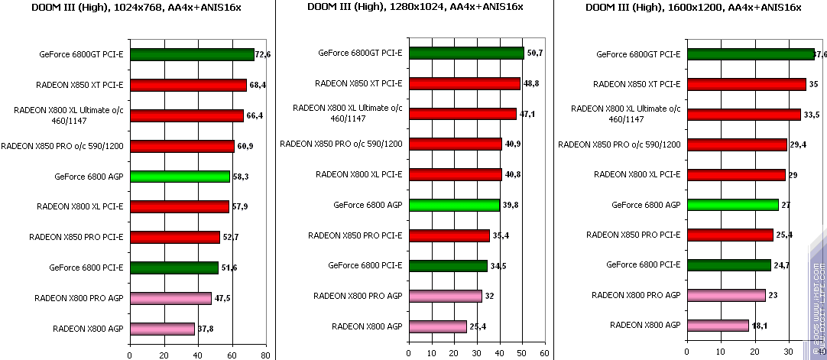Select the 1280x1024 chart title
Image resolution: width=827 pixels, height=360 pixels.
(x=415, y=8)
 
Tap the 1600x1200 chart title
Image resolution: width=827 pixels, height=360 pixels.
(x=693, y=8)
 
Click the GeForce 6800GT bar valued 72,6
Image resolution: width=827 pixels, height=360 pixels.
(x=191, y=54)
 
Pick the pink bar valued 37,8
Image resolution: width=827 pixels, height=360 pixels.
(x=162, y=329)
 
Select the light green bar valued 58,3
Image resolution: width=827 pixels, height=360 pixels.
(x=180, y=177)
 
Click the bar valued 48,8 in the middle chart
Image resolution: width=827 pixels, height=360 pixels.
(x=464, y=83)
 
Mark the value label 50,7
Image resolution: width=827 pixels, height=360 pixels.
(x=535, y=53)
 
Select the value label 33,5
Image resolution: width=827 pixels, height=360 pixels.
(x=812, y=115)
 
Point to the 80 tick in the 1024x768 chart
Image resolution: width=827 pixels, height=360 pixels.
(x=264, y=355)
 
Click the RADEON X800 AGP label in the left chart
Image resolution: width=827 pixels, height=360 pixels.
(x=88, y=329)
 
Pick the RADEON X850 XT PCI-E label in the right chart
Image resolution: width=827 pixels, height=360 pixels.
(x=637, y=84)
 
